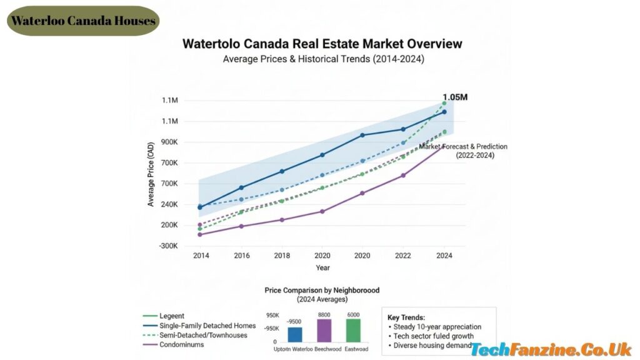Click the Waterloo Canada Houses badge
click(83, 21)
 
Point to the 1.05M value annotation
click(455, 97)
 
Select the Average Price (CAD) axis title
click(151, 174)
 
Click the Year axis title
click(322, 267)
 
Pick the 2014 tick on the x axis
click(201, 256)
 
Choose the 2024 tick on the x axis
click(444, 256)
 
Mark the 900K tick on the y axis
click(169, 142)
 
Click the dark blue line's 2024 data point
click(444, 112)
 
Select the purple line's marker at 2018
click(281, 220)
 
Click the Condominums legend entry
click(181, 344)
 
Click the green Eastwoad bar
click(353, 329)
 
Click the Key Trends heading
click(406, 317)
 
